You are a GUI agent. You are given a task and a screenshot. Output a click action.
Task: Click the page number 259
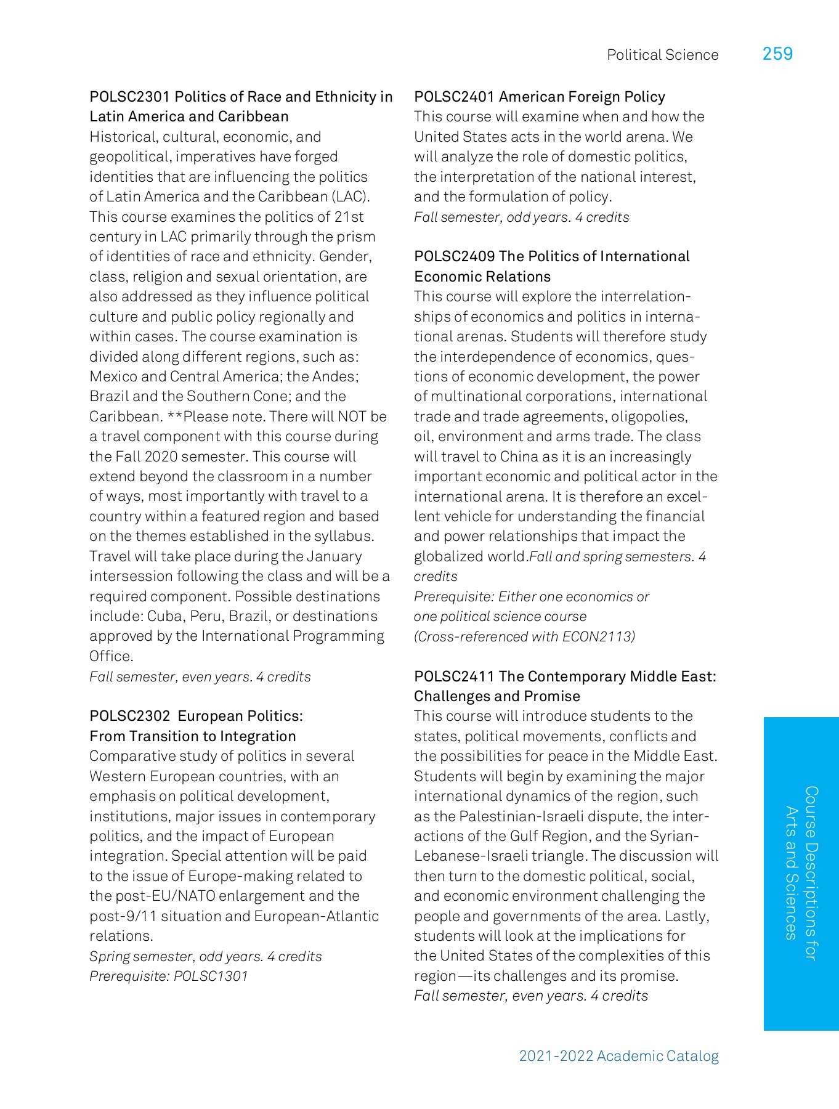[777, 54]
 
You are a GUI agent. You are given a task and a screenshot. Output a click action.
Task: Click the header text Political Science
[662, 55]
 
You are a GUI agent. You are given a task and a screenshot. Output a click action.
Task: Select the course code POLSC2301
[129, 97]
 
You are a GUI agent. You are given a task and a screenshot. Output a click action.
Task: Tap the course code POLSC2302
[129, 716]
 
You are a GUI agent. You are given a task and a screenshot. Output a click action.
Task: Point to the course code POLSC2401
[454, 97]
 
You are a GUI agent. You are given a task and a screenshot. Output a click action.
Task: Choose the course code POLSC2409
[454, 256]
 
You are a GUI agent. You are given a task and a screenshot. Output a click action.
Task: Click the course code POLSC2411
[454, 676]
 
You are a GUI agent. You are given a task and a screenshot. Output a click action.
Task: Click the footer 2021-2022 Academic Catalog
[618, 1056]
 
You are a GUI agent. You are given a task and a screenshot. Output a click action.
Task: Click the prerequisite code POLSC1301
[211, 976]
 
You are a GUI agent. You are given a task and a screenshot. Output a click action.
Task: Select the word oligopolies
[649, 416]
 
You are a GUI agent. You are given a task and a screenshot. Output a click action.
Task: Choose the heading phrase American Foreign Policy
[582, 97]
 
